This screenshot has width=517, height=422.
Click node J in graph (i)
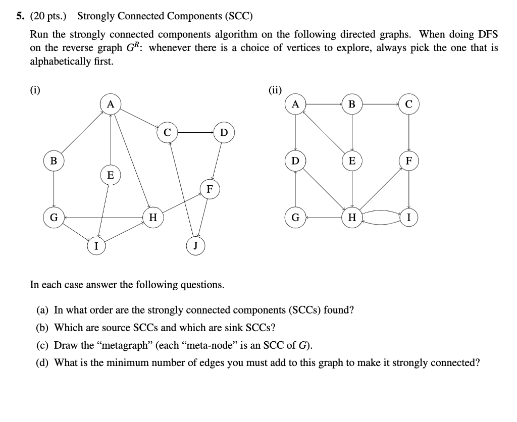[195, 246]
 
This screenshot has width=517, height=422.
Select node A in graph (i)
[111, 104]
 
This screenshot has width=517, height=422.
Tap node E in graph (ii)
[352, 161]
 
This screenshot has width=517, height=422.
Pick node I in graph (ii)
[408, 218]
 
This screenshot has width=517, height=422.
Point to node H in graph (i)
[153, 218]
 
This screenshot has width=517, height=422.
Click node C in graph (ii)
[408, 104]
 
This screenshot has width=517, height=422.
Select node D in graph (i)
[224, 133]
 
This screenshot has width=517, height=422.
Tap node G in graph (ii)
[295, 218]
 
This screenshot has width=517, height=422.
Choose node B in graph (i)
[54, 161]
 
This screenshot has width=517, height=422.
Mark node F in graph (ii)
[408, 161]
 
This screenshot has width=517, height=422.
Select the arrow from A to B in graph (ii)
[324, 104]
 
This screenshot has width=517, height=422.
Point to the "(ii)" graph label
[275, 91]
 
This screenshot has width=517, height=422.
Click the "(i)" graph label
[35, 91]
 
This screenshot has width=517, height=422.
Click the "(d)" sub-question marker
[43, 362]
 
